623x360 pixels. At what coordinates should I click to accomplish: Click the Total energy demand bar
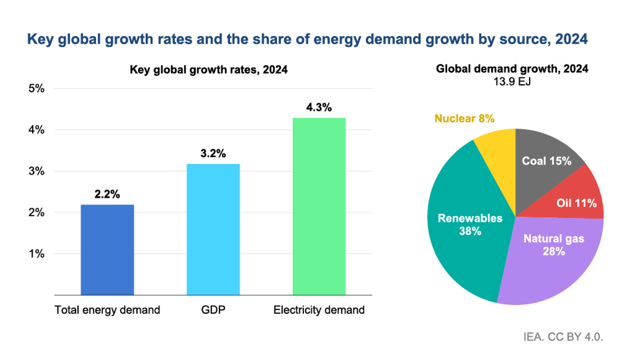107,249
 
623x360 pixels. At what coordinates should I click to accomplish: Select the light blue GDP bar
213,229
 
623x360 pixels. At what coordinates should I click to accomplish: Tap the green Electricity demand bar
318,206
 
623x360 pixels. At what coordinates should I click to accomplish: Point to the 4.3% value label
318,107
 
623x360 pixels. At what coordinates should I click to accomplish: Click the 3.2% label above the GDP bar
213,153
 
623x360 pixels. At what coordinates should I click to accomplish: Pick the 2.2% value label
107,194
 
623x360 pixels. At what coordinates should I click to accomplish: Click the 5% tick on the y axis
36,89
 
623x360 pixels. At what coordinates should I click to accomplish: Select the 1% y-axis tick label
36,254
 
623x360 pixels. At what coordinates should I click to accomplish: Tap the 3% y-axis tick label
36,171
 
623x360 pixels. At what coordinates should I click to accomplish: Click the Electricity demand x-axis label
318,310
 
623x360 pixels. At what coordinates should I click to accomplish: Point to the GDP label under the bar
213,310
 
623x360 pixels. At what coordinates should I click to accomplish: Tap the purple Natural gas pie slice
552,258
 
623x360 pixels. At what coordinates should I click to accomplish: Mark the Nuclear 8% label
464,118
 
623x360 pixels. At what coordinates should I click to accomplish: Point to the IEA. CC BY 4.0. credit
563,337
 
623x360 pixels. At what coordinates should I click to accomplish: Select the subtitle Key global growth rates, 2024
209,70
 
